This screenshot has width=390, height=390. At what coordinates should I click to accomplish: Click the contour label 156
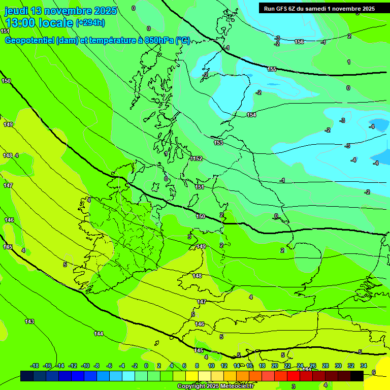point(299,42)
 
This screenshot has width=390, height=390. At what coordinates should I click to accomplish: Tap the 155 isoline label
point(272,69)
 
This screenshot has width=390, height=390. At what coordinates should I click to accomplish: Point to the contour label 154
point(251,115)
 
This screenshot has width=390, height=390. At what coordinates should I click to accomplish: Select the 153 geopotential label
point(218,143)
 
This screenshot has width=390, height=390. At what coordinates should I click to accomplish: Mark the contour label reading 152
point(198,158)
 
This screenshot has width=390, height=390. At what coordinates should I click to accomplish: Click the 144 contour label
point(99,333)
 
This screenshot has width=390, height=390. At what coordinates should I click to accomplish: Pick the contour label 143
point(29,321)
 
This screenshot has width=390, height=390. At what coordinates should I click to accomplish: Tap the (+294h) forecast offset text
point(90,22)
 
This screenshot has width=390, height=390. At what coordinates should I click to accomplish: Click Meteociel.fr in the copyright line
point(233,386)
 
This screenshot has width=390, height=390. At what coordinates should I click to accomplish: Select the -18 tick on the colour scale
point(35,366)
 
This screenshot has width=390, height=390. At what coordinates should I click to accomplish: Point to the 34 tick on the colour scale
point(364,366)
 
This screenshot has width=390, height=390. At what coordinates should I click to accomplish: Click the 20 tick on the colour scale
point(275,366)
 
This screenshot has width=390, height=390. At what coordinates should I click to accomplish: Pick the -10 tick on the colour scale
point(85,366)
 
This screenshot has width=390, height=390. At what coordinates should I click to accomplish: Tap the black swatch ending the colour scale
point(357,376)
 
